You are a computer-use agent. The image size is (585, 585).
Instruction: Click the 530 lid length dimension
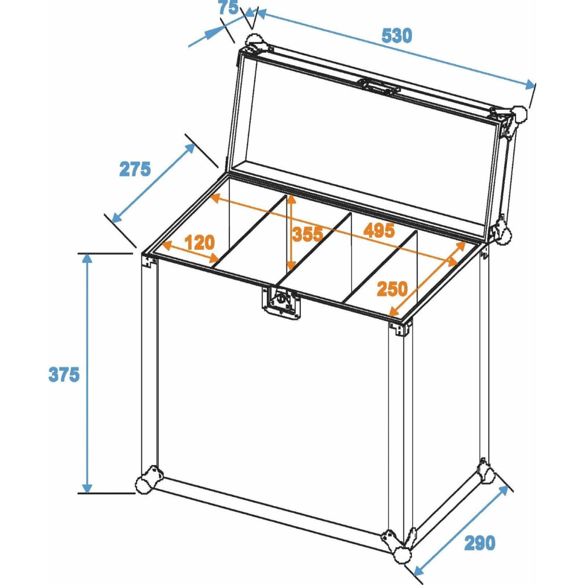(397, 36)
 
